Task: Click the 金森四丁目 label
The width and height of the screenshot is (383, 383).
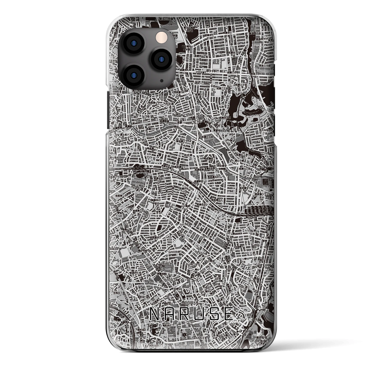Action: click(136, 273)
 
